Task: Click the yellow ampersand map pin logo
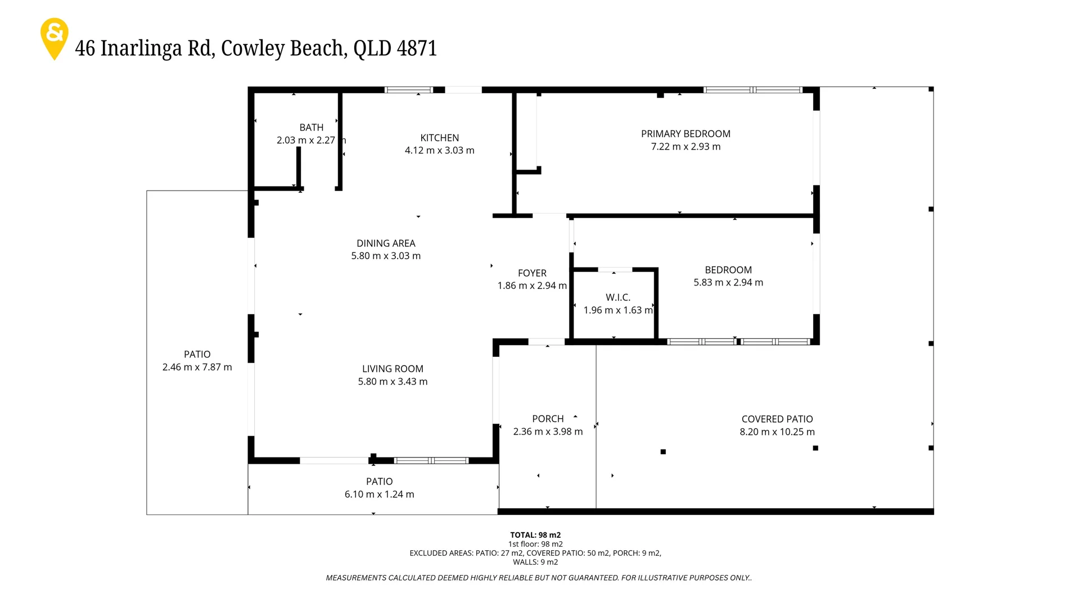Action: pyautogui.click(x=55, y=37)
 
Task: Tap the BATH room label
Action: pyautogui.click(x=311, y=128)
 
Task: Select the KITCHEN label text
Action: pyautogui.click(x=439, y=138)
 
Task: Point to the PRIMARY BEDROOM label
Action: pyautogui.click(x=685, y=134)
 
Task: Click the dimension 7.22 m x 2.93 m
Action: pyautogui.click(x=685, y=147)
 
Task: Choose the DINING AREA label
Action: pyautogui.click(x=386, y=243)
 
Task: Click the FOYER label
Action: pyautogui.click(x=532, y=273)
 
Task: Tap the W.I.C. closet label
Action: pyautogui.click(x=618, y=297)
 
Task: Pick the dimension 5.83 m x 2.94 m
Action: pyautogui.click(x=728, y=283)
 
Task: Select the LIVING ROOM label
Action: pyautogui.click(x=393, y=369)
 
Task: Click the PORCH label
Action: pyautogui.click(x=548, y=419)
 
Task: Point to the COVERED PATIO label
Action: pyautogui.click(x=777, y=419)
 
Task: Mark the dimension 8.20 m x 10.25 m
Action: pyautogui.click(x=777, y=432)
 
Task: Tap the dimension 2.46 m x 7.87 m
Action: pyautogui.click(x=197, y=367)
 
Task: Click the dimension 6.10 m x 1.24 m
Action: pyautogui.click(x=379, y=495)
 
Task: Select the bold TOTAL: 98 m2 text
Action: pyautogui.click(x=535, y=535)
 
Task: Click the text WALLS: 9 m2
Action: pyautogui.click(x=535, y=562)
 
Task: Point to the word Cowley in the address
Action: pyautogui.click(x=254, y=48)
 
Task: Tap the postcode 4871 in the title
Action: pyautogui.click(x=417, y=48)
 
